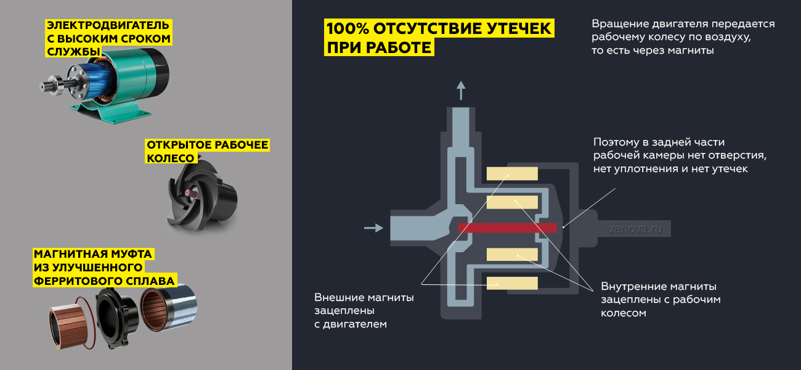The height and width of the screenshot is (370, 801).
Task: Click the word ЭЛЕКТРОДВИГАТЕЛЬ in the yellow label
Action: tap(108, 25)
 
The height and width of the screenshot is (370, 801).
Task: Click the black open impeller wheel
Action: tap(202, 195)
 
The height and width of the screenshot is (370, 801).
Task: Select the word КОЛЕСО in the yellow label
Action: tap(171, 158)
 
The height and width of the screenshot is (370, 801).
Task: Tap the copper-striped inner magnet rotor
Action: tap(68, 326)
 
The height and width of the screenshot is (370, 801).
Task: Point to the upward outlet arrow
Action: tap(461, 90)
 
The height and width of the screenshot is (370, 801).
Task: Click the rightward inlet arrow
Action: tap(373, 228)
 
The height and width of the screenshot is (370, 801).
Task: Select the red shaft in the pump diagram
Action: tap(508, 228)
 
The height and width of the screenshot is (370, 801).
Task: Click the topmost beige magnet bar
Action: tap(512, 173)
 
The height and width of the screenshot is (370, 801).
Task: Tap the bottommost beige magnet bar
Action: tap(512, 283)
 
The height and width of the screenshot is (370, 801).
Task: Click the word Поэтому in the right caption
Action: tap(616, 142)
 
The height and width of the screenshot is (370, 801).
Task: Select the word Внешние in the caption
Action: tap(339, 297)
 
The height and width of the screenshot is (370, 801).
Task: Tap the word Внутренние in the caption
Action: tap(633, 286)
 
